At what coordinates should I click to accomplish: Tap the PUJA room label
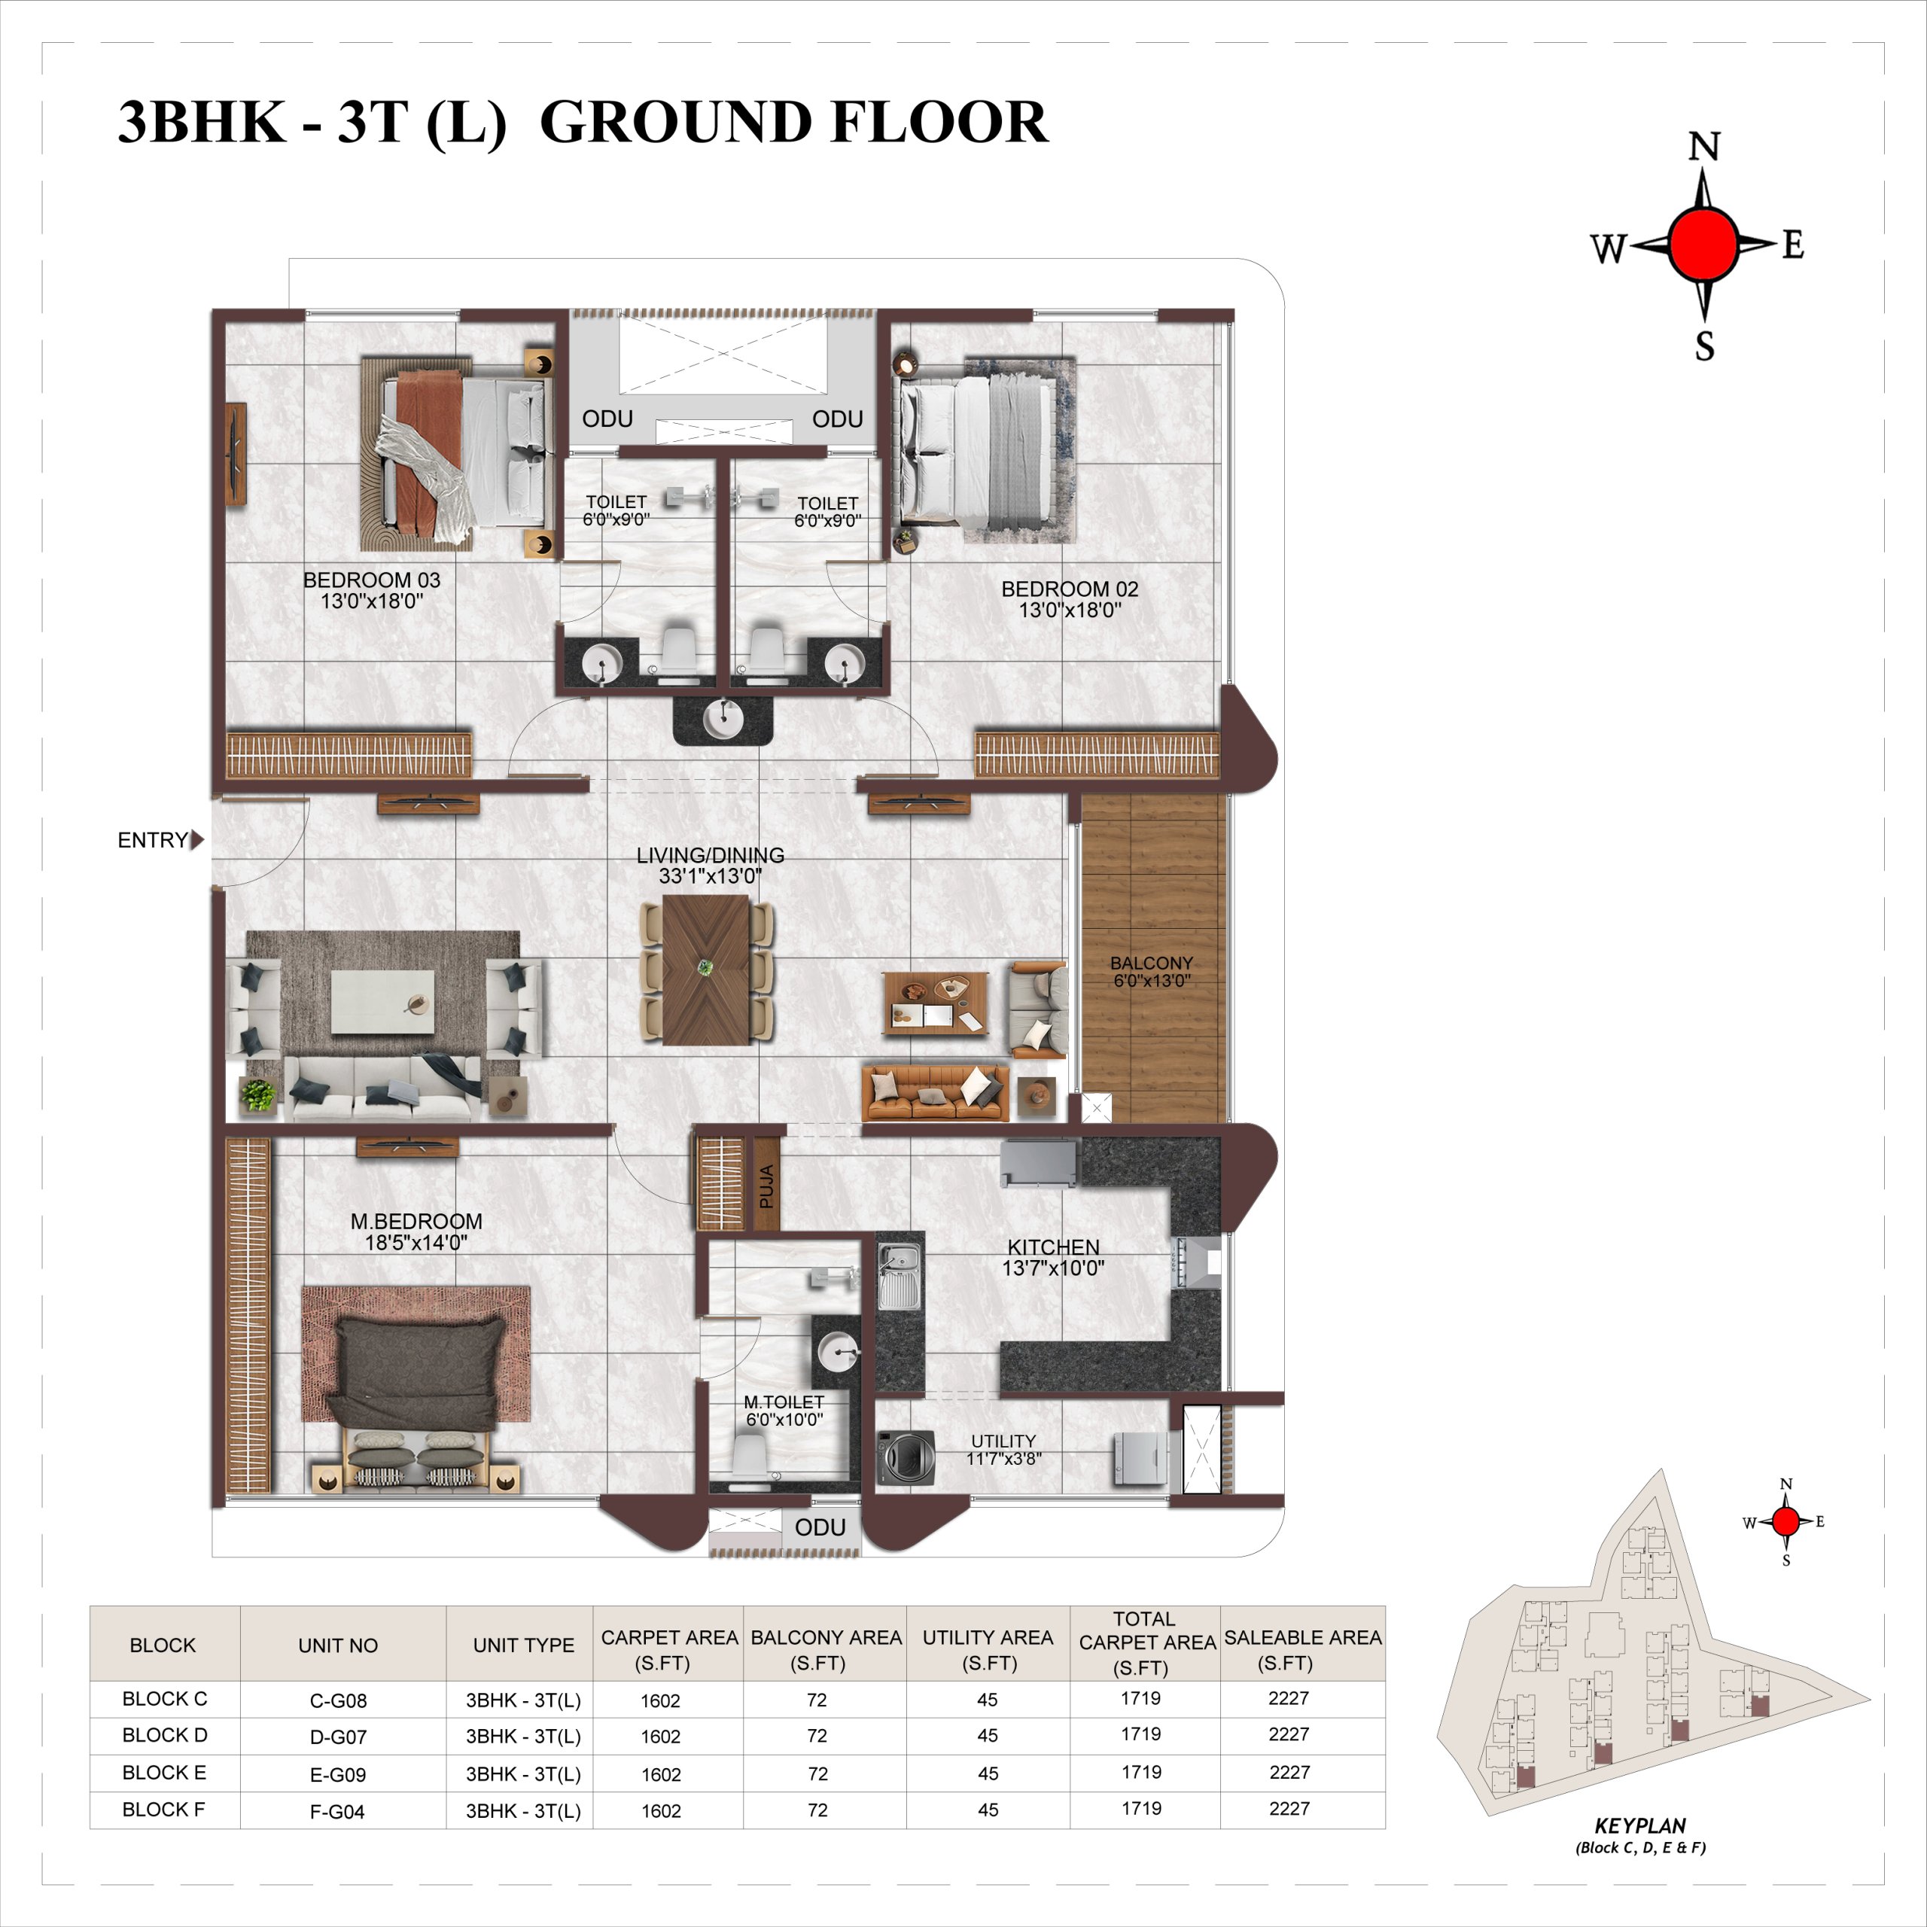766,1187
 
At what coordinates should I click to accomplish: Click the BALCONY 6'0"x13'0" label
1151,972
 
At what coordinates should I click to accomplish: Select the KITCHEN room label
1053,1247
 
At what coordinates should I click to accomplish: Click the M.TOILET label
784,1402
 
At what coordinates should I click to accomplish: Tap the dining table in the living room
706,970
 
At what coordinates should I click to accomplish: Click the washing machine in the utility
906,1457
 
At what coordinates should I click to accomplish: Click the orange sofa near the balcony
935,1093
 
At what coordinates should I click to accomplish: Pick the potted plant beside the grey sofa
257,1095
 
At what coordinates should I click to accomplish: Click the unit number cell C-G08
338,1700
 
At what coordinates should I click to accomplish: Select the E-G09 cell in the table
338,1774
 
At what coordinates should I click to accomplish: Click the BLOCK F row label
163,1810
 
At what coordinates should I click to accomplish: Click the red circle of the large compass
1705,243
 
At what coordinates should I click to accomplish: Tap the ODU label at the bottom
820,1527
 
